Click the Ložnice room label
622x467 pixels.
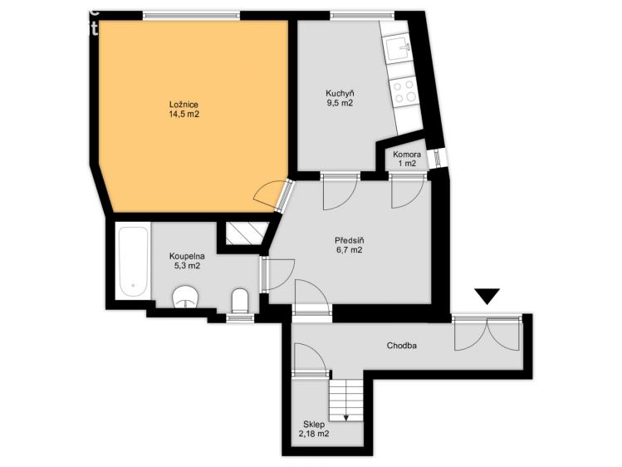tap(184, 109)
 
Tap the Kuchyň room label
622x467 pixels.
tap(340, 99)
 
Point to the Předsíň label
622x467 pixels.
tap(348, 243)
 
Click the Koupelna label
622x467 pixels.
tap(186, 261)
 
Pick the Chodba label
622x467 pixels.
tap(402, 345)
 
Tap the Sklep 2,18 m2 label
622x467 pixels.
tap(314, 429)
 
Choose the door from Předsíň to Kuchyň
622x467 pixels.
tap(339, 190)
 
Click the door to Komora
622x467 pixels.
tap(408, 189)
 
